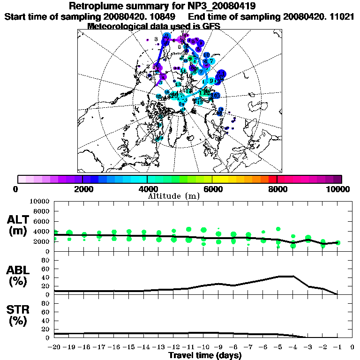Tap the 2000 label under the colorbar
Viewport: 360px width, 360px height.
click(82, 189)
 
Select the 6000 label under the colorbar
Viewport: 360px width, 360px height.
click(212, 189)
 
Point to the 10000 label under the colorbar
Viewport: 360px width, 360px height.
click(338, 189)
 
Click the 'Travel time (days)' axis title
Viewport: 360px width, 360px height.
click(204, 356)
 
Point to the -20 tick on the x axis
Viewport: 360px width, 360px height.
click(54, 348)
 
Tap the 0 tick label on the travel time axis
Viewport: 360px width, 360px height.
click(352, 348)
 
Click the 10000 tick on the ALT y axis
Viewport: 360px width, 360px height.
click(42, 201)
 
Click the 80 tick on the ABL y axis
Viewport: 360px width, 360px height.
click(47, 260)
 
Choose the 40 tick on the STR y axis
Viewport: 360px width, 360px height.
click(47, 320)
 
